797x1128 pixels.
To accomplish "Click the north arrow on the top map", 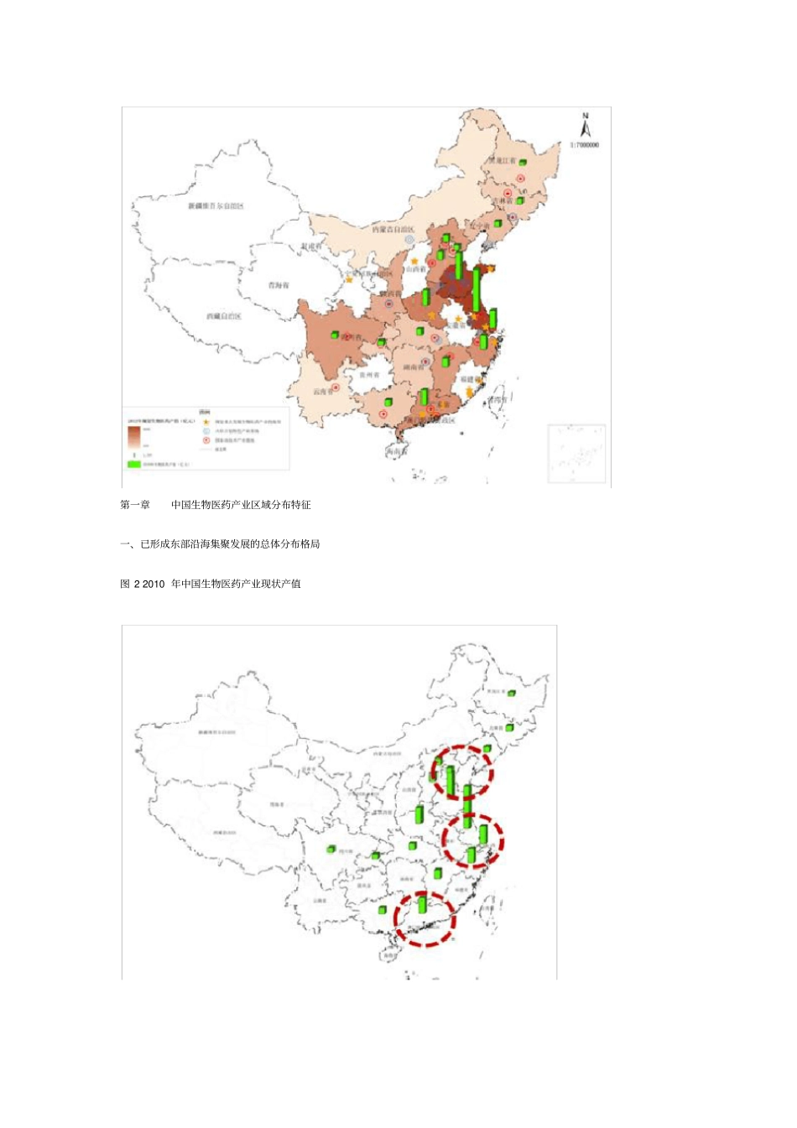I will [x=586, y=125].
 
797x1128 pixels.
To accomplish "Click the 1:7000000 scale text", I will [x=585, y=145].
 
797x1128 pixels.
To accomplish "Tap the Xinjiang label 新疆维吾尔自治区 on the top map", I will [x=215, y=205].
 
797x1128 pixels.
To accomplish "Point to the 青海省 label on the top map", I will [x=278, y=285].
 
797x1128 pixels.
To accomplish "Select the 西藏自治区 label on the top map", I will [x=223, y=316].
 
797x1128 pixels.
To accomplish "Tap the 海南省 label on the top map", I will [x=398, y=451].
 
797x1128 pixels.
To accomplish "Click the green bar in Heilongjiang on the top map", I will [x=523, y=162].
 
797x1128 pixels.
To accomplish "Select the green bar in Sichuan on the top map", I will [x=334, y=335].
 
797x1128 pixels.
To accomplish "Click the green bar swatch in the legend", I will [x=133, y=463].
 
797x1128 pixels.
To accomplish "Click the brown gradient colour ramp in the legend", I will [x=133, y=436].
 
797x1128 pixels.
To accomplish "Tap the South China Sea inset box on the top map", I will [x=576, y=454].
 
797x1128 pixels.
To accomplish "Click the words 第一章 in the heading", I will [x=135, y=505].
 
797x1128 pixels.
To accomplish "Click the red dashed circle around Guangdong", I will [x=425, y=919].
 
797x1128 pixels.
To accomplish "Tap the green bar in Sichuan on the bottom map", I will [x=331, y=850].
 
